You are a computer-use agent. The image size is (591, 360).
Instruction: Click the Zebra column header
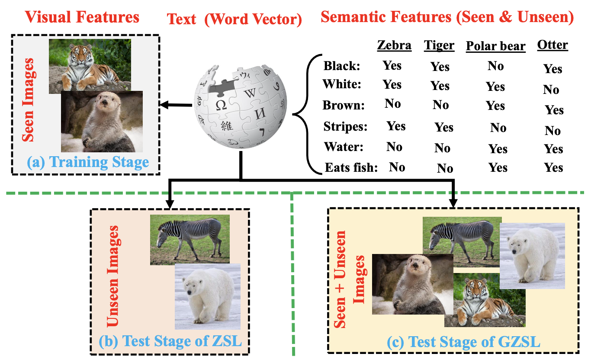point(394,45)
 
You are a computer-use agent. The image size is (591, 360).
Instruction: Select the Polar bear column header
point(496,46)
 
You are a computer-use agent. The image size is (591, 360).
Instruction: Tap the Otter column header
point(552,45)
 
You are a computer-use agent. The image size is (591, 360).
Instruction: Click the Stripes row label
point(345,126)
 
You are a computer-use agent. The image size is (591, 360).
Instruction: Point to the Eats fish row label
point(351,167)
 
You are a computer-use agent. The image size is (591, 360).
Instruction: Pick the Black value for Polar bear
point(495,66)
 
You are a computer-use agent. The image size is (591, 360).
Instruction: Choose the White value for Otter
point(551,90)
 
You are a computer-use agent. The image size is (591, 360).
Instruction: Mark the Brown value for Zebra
point(392,103)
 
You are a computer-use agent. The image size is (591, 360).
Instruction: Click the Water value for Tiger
point(442,148)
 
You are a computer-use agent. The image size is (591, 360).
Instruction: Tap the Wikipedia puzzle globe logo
point(241,106)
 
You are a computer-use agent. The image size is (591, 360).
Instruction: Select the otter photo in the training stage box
point(102,122)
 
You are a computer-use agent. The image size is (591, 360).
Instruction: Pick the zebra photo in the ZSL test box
point(190,239)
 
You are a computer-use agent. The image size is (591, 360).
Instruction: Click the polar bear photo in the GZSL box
point(532,256)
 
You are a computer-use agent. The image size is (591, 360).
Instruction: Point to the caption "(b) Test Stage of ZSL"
point(170,341)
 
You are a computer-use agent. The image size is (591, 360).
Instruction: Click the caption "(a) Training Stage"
point(88,162)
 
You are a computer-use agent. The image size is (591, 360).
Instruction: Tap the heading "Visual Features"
point(82,17)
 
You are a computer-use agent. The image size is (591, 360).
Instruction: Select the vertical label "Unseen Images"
point(112,276)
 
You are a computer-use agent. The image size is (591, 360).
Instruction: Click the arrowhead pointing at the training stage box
point(164,105)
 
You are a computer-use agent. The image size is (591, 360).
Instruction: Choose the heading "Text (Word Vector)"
point(234,19)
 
